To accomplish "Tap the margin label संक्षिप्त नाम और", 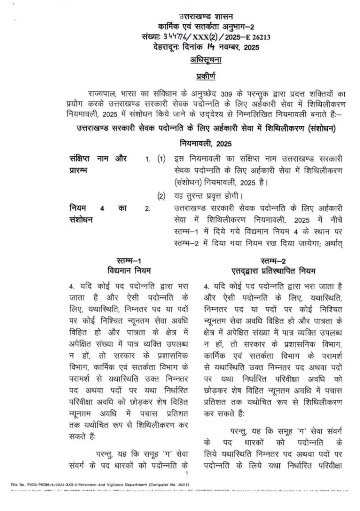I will (98, 159).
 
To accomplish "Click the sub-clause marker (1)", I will (161, 159).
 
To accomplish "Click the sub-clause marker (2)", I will (161, 195).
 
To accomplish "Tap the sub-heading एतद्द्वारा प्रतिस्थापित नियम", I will (273, 271).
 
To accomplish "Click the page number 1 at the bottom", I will (185, 473).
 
